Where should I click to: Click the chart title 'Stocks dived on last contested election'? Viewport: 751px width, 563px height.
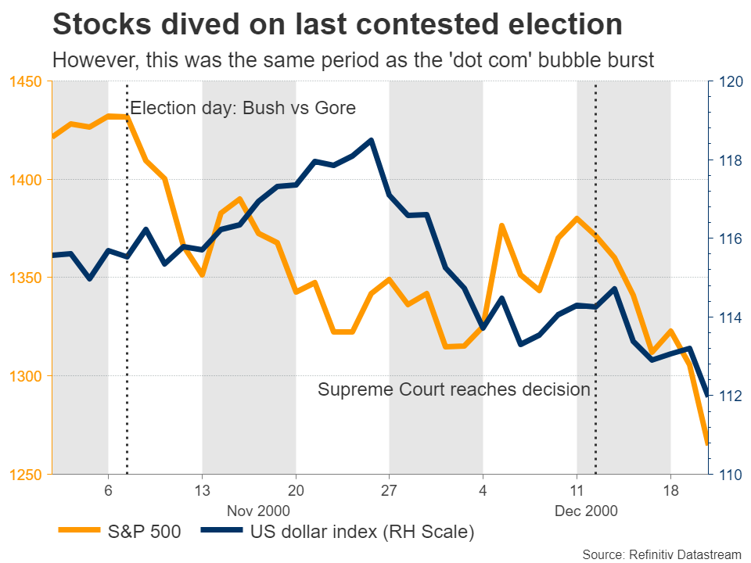337,25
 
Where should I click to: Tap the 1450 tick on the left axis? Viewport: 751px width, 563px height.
25,81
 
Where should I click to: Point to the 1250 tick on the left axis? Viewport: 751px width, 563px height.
25,474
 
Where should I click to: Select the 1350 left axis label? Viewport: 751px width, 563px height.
25,278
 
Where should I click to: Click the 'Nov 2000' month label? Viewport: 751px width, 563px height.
258,511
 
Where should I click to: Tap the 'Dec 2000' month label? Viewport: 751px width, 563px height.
586,511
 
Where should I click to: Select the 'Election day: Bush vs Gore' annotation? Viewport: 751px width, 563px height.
243,108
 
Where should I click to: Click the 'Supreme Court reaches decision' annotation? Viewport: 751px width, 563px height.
454,389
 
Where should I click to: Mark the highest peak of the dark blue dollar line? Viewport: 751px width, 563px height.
371,140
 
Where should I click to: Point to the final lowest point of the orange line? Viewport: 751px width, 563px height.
707,444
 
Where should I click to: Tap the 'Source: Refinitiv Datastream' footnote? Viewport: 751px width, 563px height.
662,554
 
